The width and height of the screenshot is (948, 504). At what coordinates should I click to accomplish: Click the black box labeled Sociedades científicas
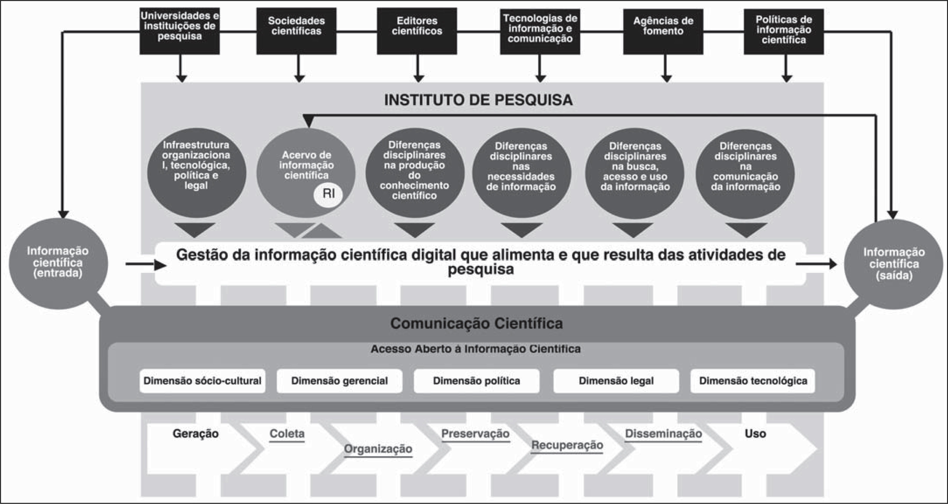(x=296, y=31)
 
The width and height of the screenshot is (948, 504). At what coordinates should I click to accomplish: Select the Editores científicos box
(x=417, y=31)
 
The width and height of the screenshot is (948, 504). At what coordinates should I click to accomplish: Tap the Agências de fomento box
(x=663, y=31)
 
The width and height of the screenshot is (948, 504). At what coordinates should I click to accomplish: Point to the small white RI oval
(x=328, y=194)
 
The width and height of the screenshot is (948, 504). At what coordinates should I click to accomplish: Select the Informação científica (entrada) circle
(x=58, y=263)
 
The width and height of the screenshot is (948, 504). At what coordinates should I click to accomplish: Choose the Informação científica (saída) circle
(x=894, y=264)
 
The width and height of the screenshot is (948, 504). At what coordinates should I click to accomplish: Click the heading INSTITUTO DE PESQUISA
(x=478, y=100)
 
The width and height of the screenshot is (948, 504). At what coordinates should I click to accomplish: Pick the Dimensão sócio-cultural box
(x=202, y=381)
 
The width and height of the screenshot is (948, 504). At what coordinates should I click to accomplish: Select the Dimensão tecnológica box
(x=753, y=381)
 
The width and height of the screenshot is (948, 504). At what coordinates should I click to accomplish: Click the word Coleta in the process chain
(x=287, y=433)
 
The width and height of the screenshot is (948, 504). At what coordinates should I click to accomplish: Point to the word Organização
(x=378, y=449)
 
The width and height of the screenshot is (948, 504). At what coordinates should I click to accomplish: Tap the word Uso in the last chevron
(x=755, y=433)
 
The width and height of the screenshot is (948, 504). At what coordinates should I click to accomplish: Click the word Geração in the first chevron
(x=195, y=433)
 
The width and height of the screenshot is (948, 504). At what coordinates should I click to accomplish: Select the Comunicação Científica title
(x=476, y=323)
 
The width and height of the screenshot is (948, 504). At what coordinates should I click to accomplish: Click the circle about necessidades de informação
(x=521, y=172)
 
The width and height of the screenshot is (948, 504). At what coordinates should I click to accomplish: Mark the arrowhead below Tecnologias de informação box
(x=540, y=78)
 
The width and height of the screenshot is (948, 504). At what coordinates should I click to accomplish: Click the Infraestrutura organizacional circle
(x=196, y=172)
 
